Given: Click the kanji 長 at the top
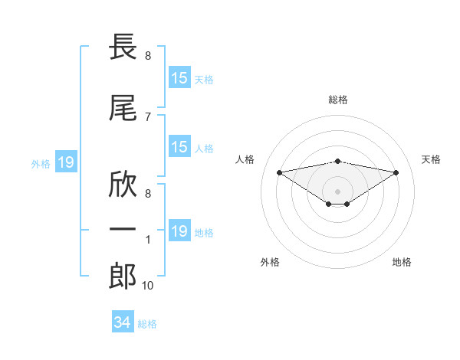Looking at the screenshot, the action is pyautogui.click(x=123, y=46).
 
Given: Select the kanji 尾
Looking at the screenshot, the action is pyautogui.click(x=123, y=108).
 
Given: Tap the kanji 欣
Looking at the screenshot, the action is pyautogui.click(x=123, y=185).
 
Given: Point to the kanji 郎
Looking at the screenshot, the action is pyautogui.click(x=123, y=277).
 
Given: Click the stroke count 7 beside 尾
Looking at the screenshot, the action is pyautogui.click(x=148, y=117).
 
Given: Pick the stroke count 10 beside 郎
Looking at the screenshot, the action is pyautogui.click(x=147, y=285).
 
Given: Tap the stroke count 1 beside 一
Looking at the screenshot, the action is pyautogui.click(x=148, y=240).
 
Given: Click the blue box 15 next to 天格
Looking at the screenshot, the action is pyautogui.click(x=179, y=77).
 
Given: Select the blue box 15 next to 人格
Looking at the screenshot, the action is pyautogui.click(x=179, y=146).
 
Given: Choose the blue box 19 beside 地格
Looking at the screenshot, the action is pyautogui.click(x=179, y=230).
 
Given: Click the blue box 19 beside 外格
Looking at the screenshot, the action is pyautogui.click(x=66, y=162).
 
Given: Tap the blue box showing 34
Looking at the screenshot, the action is pyautogui.click(x=123, y=321).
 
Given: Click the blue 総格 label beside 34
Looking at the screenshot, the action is pyautogui.click(x=147, y=324).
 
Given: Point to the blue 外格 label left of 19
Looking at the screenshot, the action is pyautogui.click(x=41, y=164).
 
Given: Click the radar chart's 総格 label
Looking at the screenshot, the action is pyautogui.click(x=338, y=100).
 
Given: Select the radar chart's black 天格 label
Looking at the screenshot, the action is pyautogui.click(x=431, y=159).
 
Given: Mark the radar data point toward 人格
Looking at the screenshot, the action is pyautogui.click(x=280, y=172).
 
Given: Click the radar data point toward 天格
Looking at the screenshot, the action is pyautogui.click(x=396, y=172).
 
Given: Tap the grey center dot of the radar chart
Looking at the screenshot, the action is pyautogui.click(x=337, y=191).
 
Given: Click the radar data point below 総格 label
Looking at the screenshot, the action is pyautogui.click(x=337, y=162).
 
